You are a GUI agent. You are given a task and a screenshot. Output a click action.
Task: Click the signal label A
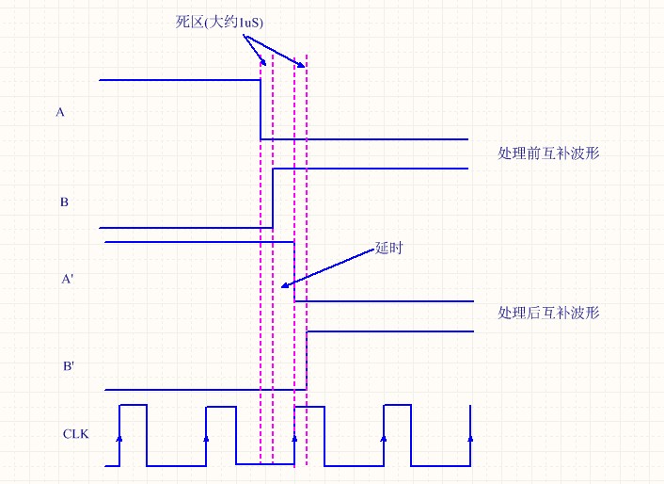[60, 112]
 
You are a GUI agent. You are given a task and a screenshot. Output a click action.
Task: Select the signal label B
[64, 202]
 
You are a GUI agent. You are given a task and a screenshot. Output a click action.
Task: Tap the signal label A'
[68, 279]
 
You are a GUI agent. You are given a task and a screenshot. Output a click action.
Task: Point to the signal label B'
[69, 365]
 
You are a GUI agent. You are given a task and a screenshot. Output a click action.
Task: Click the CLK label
[76, 434]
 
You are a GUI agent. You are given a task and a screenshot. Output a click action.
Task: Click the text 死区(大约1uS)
[219, 22]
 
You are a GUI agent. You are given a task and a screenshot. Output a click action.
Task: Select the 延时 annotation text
[388, 248]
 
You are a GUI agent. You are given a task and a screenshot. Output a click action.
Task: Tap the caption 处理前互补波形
[548, 153]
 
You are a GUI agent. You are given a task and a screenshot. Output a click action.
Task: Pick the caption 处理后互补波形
[548, 313]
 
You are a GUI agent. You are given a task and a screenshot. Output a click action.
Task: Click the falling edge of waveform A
[261, 109]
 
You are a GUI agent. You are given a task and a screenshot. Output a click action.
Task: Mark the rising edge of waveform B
[273, 199]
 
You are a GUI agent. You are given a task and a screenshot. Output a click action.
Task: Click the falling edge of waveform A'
[294, 272]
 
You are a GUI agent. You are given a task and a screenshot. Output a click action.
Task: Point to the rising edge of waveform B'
[307, 361]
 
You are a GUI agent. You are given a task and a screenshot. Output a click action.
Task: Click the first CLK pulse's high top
[134, 405]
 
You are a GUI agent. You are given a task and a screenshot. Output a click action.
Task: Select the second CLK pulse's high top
[221, 407]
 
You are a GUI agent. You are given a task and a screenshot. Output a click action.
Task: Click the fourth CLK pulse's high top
[397, 405]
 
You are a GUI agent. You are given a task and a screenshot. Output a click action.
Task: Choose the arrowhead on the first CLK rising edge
[119, 438]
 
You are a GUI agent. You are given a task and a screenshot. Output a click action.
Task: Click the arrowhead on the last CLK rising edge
[470, 438]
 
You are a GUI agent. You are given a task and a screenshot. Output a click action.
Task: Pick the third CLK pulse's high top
[309, 407]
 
